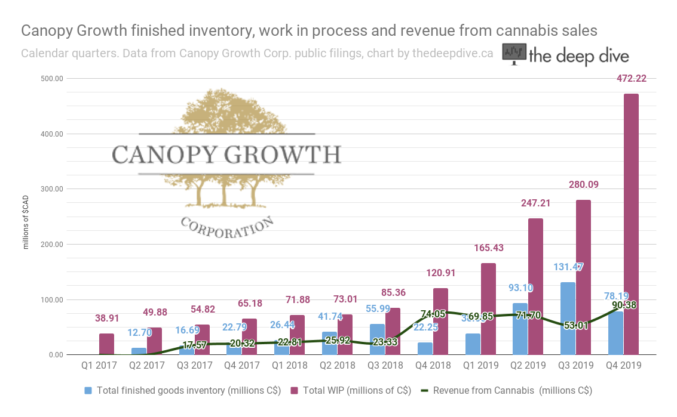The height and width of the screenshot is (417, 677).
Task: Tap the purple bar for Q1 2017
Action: pos(106,344)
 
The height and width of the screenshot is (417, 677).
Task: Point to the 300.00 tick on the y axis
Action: pos(52,189)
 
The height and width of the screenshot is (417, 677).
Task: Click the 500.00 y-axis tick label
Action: pos(52,78)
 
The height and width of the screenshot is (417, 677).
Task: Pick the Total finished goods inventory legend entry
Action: pos(182,391)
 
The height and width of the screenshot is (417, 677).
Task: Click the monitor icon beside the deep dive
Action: pos(514,54)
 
